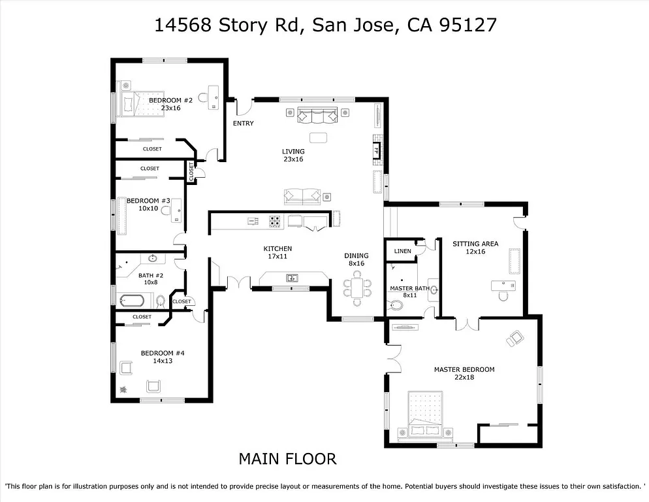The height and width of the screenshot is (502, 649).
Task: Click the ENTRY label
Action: [x=243, y=124]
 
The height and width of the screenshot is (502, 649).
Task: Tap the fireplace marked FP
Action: [x=376, y=150]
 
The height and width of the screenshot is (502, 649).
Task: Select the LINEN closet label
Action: [x=402, y=251]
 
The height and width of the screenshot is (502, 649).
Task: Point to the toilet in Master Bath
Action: [x=396, y=305]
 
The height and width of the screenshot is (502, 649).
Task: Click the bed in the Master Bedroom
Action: [x=425, y=413]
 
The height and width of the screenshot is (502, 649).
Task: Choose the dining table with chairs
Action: [x=357, y=288]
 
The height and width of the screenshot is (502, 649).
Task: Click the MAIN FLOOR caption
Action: [x=287, y=459]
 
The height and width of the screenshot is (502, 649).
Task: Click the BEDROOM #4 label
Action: [x=163, y=353]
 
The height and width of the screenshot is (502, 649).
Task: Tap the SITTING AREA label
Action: [x=475, y=244]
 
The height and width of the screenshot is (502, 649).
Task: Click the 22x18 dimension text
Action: [x=464, y=378]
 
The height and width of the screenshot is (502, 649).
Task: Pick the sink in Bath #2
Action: [x=152, y=258]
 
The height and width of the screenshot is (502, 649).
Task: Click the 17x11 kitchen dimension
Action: [x=277, y=257]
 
